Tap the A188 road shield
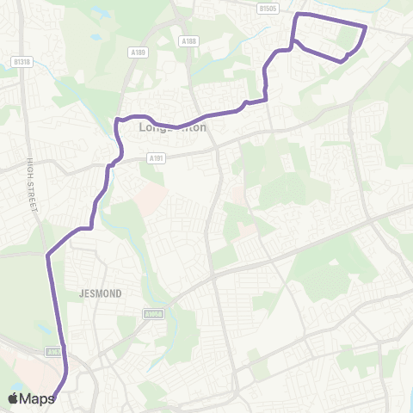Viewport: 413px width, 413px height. click(189, 40)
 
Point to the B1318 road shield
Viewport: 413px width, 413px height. click(22, 62)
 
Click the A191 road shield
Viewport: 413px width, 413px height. click(156, 157)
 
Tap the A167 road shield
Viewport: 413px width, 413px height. click(54, 351)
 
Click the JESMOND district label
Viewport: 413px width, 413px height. click(103, 293)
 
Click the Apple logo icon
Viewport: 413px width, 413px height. click(13, 398)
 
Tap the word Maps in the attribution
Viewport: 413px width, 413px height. click(37, 398)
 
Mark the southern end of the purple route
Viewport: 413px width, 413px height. click(53, 398)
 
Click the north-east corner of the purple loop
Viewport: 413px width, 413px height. click(366, 28)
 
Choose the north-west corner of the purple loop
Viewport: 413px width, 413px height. click(298, 15)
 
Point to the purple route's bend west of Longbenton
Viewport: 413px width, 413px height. click(118, 120)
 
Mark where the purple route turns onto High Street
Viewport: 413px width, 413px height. click(47, 255)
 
